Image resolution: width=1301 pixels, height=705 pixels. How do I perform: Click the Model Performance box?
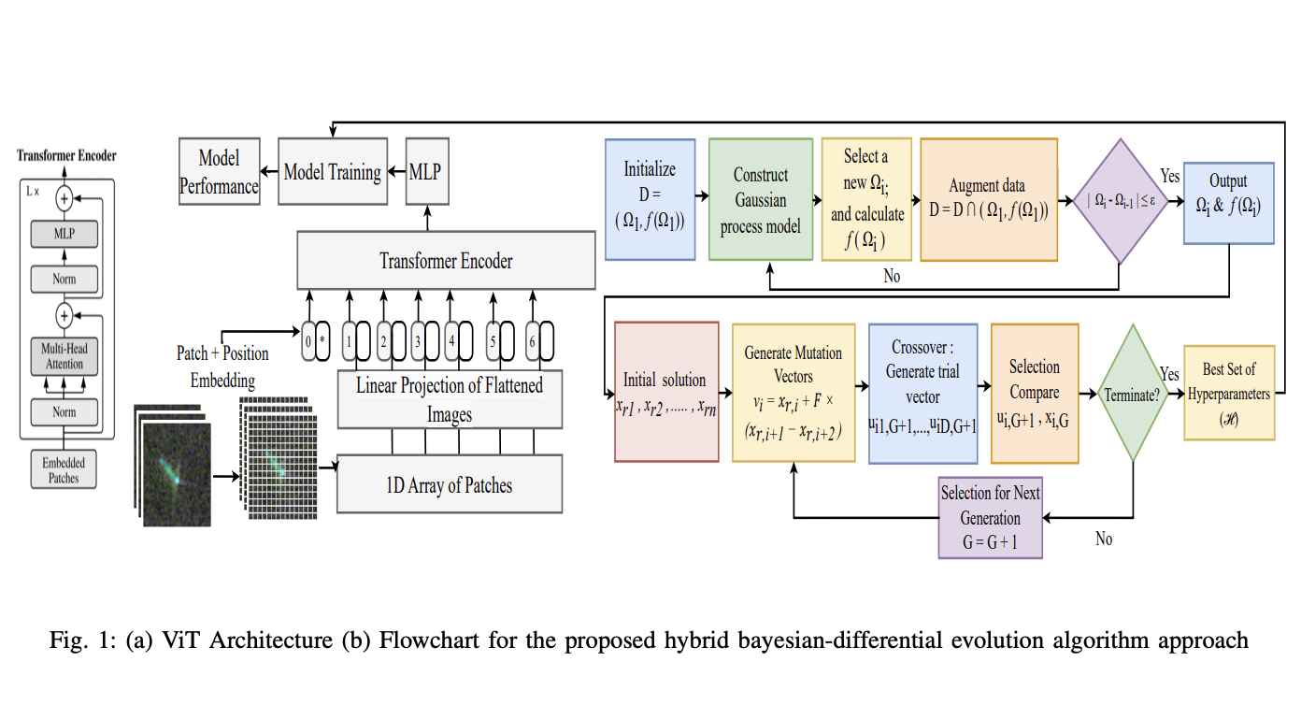pyautogui.click(x=219, y=173)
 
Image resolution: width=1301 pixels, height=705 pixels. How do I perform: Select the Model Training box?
pyautogui.click(x=332, y=172)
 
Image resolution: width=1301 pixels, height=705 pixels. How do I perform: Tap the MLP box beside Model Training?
pyautogui.click(x=425, y=172)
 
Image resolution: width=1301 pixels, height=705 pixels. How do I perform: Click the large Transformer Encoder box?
pyautogui.click(x=446, y=261)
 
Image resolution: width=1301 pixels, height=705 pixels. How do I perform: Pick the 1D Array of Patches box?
pyautogui.click(x=450, y=484)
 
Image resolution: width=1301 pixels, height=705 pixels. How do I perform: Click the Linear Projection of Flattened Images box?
pyautogui.click(x=450, y=399)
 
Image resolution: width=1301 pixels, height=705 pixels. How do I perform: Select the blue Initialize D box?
pyautogui.click(x=650, y=199)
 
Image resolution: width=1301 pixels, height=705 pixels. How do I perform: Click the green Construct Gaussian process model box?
pyautogui.click(x=760, y=199)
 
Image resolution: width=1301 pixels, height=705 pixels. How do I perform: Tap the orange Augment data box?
pyautogui.click(x=989, y=199)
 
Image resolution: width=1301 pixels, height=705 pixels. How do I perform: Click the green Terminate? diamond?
pyautogui.click(x=1132, y=393)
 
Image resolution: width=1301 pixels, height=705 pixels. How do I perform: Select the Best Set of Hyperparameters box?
pyautogui.click(x=1228, y=393)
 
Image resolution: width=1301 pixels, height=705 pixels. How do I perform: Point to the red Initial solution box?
pyautogui.click(x=665, y=392)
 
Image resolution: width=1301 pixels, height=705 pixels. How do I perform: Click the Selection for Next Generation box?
pyautogui.click(x=990, y=517)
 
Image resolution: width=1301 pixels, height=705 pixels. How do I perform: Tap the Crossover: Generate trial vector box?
pyautogui.click(x=922, y=394)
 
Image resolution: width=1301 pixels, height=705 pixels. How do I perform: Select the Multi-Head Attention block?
pyautogui.click(x=64, y=356)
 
